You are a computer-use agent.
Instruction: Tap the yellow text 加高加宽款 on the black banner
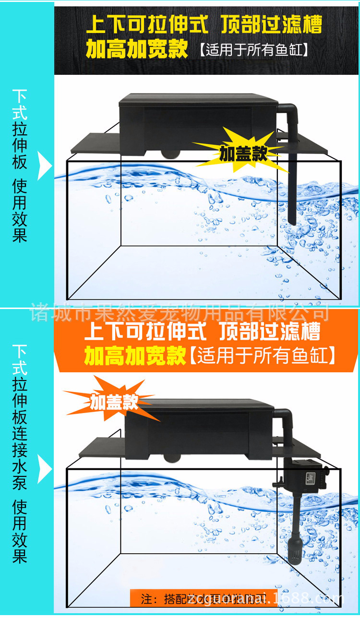point(137,49)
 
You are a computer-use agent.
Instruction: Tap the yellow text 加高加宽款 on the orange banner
point(135,356)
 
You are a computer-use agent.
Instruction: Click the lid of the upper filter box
point(199,99)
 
